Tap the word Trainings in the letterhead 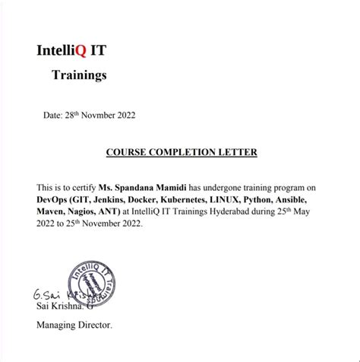79,75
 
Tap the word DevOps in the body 53,199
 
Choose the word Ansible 321,199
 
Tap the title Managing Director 74,325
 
